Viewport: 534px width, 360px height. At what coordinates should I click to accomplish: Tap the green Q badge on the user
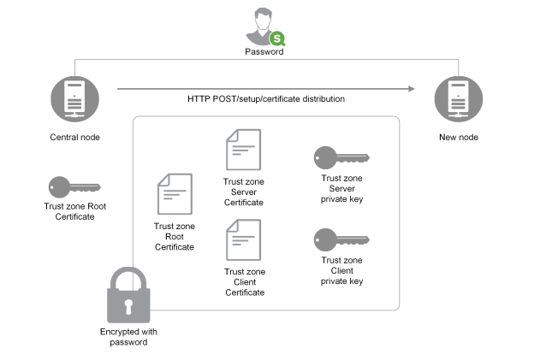pyautogui.click(x=277, y=38)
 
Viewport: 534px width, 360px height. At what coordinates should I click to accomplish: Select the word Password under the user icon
pyautogui.click(x=265, y=52)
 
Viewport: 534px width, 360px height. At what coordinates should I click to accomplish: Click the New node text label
pyautogui.click(x=455, y=137)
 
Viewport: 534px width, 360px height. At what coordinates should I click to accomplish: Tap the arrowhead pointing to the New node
pyautogui.click(x=410, y=87)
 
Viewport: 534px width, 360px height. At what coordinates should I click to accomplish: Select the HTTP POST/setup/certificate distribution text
pyautogui.click(x=266, y=99)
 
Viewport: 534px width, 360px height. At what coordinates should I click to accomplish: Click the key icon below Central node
pyautogui.click(x=74, y=186)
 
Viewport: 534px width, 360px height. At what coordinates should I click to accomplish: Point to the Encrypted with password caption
pyautogui.click(x=128, y=336)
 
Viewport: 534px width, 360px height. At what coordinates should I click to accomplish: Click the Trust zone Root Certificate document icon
pyautogui.click(x=175, y=195)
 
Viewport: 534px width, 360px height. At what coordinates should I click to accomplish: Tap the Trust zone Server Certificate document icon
pyautogui.click(x=243, y=150)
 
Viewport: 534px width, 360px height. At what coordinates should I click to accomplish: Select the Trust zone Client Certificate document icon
pyautogui.click(x=243, y=240)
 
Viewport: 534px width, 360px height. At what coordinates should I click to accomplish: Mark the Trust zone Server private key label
pyautogui.click(x=341, y=186)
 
